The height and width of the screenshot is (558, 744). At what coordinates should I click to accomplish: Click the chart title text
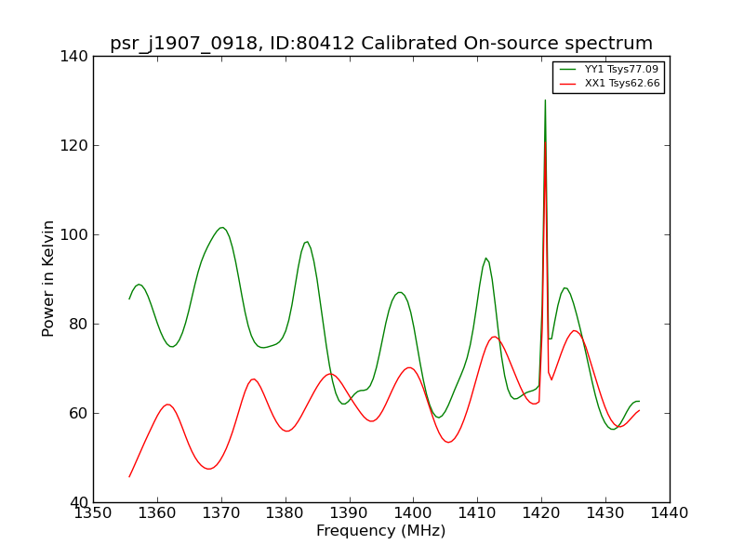point(381,44)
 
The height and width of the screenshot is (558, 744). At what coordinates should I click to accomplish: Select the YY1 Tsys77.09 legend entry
point(609,69)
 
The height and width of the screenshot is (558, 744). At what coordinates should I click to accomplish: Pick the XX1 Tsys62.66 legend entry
point(609,84)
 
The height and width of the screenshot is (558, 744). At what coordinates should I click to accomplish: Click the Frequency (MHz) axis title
point(381,530)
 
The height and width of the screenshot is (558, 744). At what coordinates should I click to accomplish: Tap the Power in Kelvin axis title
point(47,279)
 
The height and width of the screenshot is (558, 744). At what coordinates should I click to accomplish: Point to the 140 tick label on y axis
point(74,57)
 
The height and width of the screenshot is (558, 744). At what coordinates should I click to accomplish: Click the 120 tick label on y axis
point(74,146)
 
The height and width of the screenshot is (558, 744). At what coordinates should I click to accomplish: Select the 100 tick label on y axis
point(74,235)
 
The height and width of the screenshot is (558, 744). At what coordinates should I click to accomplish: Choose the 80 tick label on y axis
point(79,324)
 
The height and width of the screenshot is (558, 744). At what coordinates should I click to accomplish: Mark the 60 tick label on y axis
point(79,413)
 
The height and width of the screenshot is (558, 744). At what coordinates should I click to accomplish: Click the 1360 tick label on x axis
point(157,513)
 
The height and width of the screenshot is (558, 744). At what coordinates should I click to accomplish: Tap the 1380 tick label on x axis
point(286,513)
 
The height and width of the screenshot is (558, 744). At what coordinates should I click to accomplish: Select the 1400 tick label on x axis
point(413,513)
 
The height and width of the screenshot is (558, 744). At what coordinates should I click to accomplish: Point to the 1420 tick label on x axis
point(541,513)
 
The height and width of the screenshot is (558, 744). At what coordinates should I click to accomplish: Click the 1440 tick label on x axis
point(670,513)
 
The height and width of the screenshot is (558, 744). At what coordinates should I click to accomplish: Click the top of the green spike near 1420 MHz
point(545,100)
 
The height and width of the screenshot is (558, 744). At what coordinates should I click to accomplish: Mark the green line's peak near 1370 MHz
point(221,228)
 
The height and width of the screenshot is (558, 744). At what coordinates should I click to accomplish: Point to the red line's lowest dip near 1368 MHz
point(208,469)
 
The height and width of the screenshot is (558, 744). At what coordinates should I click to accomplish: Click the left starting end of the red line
point(129,477)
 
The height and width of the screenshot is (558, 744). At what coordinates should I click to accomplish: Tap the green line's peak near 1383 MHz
point(307,242)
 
